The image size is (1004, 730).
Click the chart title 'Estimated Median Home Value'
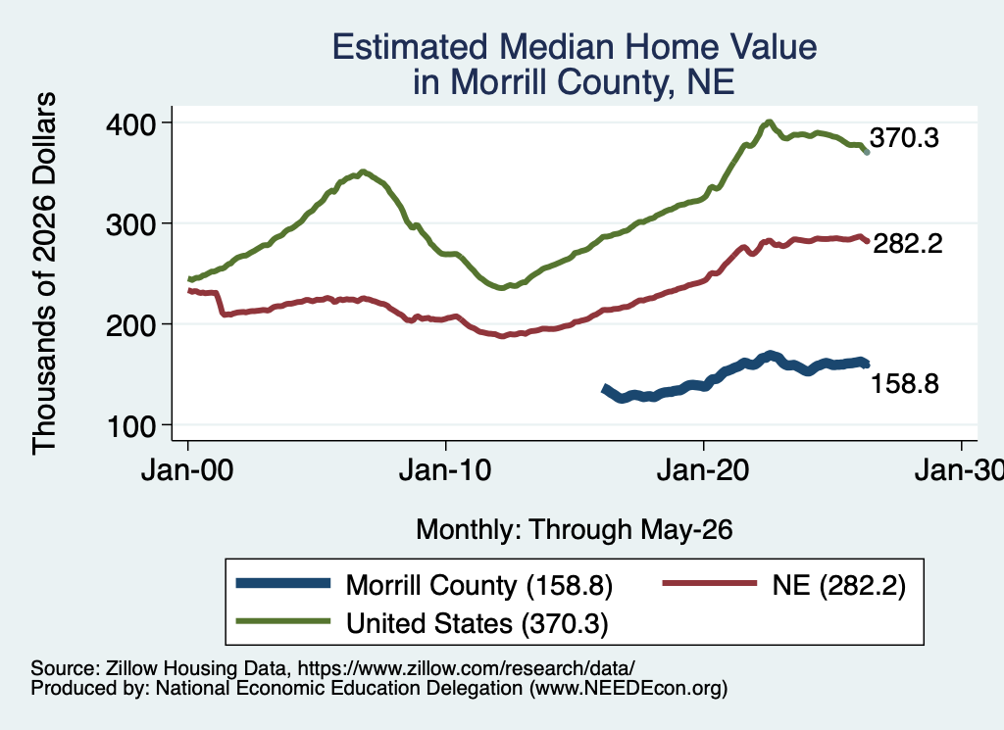[575, 47]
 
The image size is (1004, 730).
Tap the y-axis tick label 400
[131, 124]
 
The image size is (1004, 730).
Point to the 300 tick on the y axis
[131, 224]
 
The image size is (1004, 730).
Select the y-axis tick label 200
[131, 325]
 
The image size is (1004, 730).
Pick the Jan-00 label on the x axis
[187, 470]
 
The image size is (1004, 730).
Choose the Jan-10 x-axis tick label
[445, 470]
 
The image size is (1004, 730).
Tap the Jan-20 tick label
[703, 470]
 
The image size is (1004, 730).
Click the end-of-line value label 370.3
[904, 137]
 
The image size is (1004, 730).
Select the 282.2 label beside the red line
[908, 243]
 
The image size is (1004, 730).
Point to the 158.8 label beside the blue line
[905, 383]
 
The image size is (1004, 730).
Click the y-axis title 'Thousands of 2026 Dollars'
[45, 273]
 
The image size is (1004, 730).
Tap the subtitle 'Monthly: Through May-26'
[575, 530]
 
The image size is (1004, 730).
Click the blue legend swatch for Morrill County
[283, 583]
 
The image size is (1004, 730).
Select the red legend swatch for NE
[710, 583]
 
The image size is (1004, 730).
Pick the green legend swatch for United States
[283, 621]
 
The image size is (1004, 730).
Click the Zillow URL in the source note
[466, 668]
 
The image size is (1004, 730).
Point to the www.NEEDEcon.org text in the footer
[628, 689]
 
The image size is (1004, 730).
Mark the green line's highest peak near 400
[769, 122]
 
